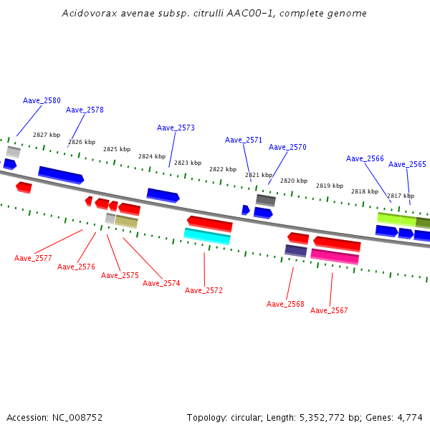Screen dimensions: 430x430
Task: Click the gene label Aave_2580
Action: (x=42, y=101)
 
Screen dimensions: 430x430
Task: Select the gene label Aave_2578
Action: (x=85, y=110)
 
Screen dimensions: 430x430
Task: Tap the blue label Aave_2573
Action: (x=176, y=128)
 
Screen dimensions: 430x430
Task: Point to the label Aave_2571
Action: (x=244, y=140)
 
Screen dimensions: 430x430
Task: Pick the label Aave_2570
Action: (x=287, y=147)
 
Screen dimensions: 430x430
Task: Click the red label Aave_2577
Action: (x=33, y=258)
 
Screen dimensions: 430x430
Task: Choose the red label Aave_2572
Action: (x=204, y=290)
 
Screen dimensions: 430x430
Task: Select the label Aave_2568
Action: (x=285, y=304)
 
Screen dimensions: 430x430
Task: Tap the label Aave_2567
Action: (x=329, y=310)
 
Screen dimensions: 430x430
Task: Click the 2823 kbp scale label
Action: (x=187, y=163)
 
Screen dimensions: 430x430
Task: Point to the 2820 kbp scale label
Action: (x=293, y=181)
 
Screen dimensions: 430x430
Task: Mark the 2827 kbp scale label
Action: (x=47, y=135)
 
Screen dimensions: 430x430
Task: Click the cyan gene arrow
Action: (x=207, y=236)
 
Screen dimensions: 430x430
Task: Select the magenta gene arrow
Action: (x=335, y=255)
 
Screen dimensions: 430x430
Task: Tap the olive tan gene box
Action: (x=126, y=221)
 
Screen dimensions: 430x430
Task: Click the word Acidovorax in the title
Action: (x=86, y=14)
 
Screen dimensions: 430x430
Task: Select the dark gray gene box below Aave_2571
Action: (x=266, y=200)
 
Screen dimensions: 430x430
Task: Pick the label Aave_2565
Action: (x=407, y=164)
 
